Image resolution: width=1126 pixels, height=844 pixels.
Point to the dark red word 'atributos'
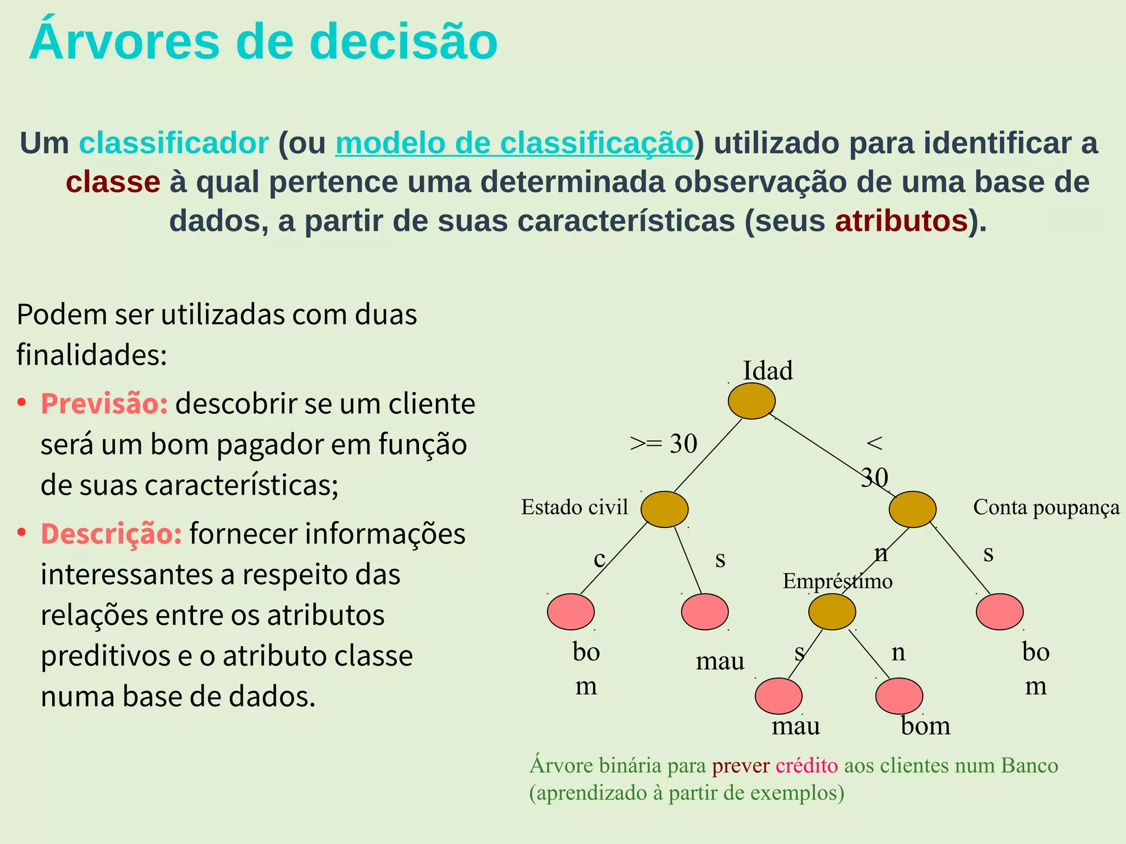pyautogui.click(x=901, y=221)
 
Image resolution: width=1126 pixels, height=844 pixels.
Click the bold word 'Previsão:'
pyautogui.click(x=104, y=404)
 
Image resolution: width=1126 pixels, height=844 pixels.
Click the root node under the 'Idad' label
pyautogui.click(x=752, y=401)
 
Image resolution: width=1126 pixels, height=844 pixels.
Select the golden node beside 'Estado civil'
pyautogui.click(x=664, y=509)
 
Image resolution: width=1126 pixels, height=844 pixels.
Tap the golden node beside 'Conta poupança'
pyautogui.click(x=912, y=509)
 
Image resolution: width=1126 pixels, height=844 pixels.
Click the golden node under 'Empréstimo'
pyautogui.click(x=832, y=612)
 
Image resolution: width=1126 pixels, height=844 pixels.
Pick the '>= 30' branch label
pyautogui.click(x=663, y=444)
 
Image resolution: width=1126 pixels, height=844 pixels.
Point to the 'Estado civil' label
pyautogui.click(x=574, y=507)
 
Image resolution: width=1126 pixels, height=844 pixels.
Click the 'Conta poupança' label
pyautogui.click(x=1046, y=507)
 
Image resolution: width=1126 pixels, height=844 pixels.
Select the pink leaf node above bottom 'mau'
pyautogui.click(x=778, y=696)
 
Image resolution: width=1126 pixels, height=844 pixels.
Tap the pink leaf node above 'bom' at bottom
pyautogui.click(x=898, y=696)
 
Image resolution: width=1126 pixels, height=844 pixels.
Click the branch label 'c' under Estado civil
pyautogui.click(x=599, y=559)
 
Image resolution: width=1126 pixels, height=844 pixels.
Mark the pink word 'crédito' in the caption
pyautogui.click(x=807, y=765)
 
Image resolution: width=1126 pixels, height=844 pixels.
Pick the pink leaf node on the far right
pyautogui.click(x=1000, y=612)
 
